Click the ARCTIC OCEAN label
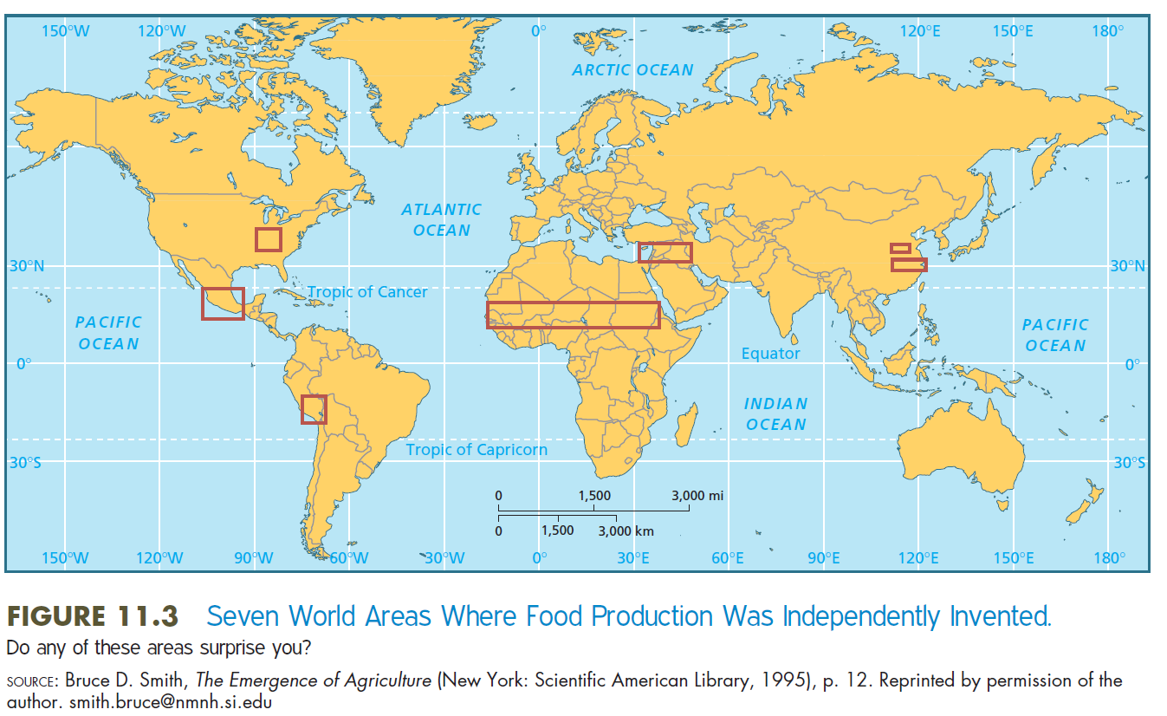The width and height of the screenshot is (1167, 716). [x=632, y=70]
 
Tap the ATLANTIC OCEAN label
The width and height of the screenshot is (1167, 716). [x=441, y=219]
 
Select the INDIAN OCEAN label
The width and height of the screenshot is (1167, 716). [x=775, y=413]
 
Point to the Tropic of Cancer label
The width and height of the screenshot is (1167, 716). [x=367, y=292]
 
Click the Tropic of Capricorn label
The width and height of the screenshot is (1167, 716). [x=477, y=449]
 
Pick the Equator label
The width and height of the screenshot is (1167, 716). [x=770, y=354]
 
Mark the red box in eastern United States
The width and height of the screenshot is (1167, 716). [x=269, y=239]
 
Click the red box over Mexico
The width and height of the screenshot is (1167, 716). [x=223, y=303]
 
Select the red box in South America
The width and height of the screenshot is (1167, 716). [x=314, y=409]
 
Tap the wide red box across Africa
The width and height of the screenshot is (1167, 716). [x=573, y=315]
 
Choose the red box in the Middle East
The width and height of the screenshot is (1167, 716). [x=665, y=252]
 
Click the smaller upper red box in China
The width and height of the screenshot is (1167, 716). [x=900, y=249]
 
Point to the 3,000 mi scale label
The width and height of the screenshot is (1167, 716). [x=697, y=496]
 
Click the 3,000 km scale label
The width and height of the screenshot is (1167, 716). [x=626, y=530]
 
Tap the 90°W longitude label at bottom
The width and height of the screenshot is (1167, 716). [x=254, y=558]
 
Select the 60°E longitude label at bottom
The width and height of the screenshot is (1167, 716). [x=728, y=558]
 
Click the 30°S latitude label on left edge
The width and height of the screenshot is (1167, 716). [x=25, y=463]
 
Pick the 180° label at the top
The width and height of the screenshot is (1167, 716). [x=1107, y=30]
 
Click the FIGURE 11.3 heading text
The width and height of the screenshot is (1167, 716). [x=93, y=616]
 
